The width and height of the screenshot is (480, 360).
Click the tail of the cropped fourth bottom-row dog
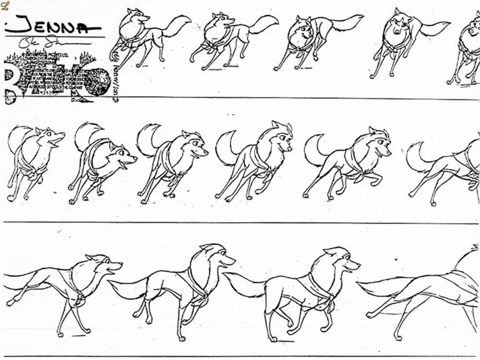[x=387, y=291]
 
